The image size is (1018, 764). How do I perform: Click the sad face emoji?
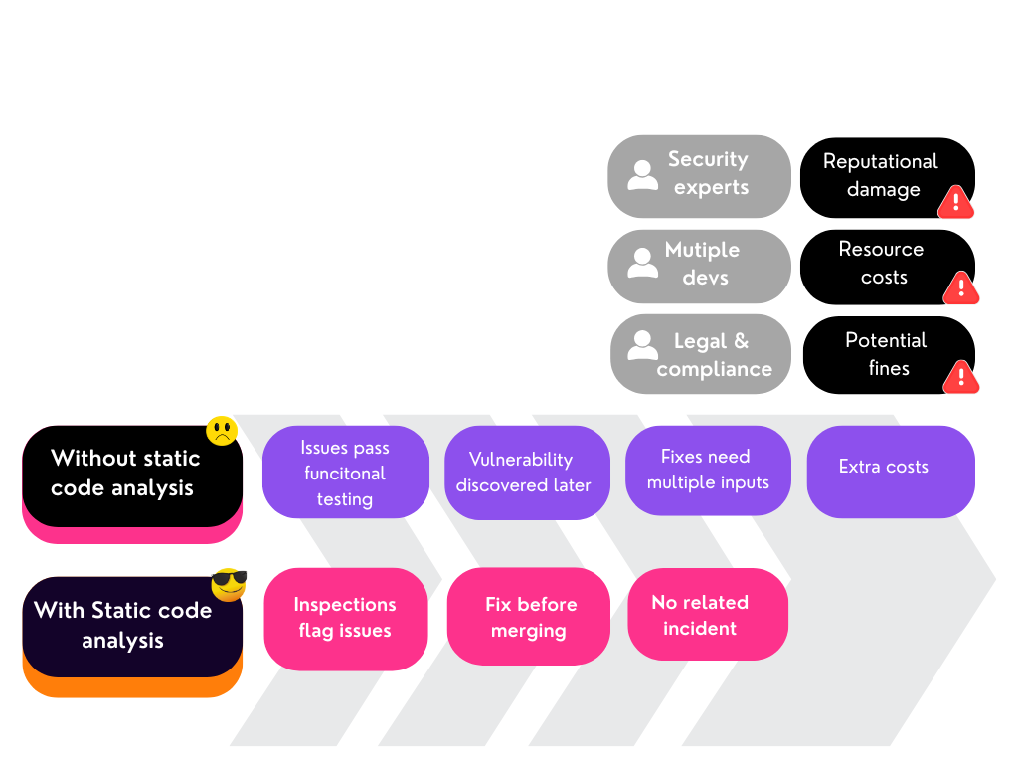[x=222, y=431]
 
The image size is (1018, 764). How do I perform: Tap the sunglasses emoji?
[x=229, y=583]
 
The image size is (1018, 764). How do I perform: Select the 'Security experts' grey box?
[x=699, y=175]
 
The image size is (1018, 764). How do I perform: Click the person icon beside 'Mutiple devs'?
[x=643, y=263]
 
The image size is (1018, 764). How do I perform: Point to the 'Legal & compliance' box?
[x=700, y=354]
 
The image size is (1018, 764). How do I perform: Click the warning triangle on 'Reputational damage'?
[x=956, y=202]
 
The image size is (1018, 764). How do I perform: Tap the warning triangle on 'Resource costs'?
[x=961, y=288]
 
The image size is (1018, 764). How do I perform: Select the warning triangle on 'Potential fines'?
[x=961, y=377]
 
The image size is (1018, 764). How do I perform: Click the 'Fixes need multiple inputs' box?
[x=708, y=470]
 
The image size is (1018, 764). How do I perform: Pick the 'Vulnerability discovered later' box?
[x=526, y=473]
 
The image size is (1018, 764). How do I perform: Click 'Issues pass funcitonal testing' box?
[x=345, y=473]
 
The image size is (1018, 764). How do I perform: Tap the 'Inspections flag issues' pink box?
[x=345, y=618]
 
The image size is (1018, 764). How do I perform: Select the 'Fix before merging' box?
[x=528, y=617]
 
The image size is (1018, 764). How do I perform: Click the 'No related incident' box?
[x=707, y=614]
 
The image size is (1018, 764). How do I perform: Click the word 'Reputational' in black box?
[x=880, y=161]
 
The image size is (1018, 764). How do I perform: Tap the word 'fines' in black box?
[x=888, y=368]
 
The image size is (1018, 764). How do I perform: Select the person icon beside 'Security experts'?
[x=643, y=175]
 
